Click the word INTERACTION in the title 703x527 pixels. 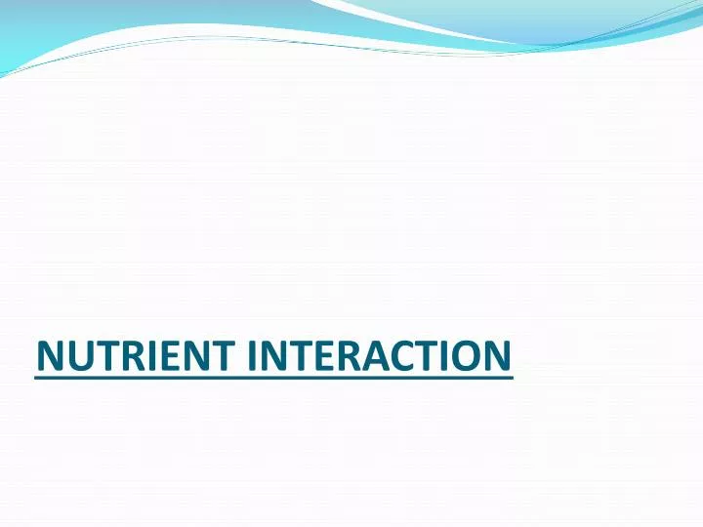click(378, 355)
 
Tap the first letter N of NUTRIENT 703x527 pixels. click(50, 355)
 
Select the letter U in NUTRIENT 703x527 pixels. click(79, 355)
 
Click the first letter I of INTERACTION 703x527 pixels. click(251, 355)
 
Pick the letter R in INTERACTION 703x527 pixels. click(347, 355)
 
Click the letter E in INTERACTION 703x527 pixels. click(324, 355)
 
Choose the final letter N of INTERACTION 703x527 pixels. click(495, 355)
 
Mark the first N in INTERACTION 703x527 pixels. click(272, 355)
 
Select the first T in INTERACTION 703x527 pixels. click(300, 355)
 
